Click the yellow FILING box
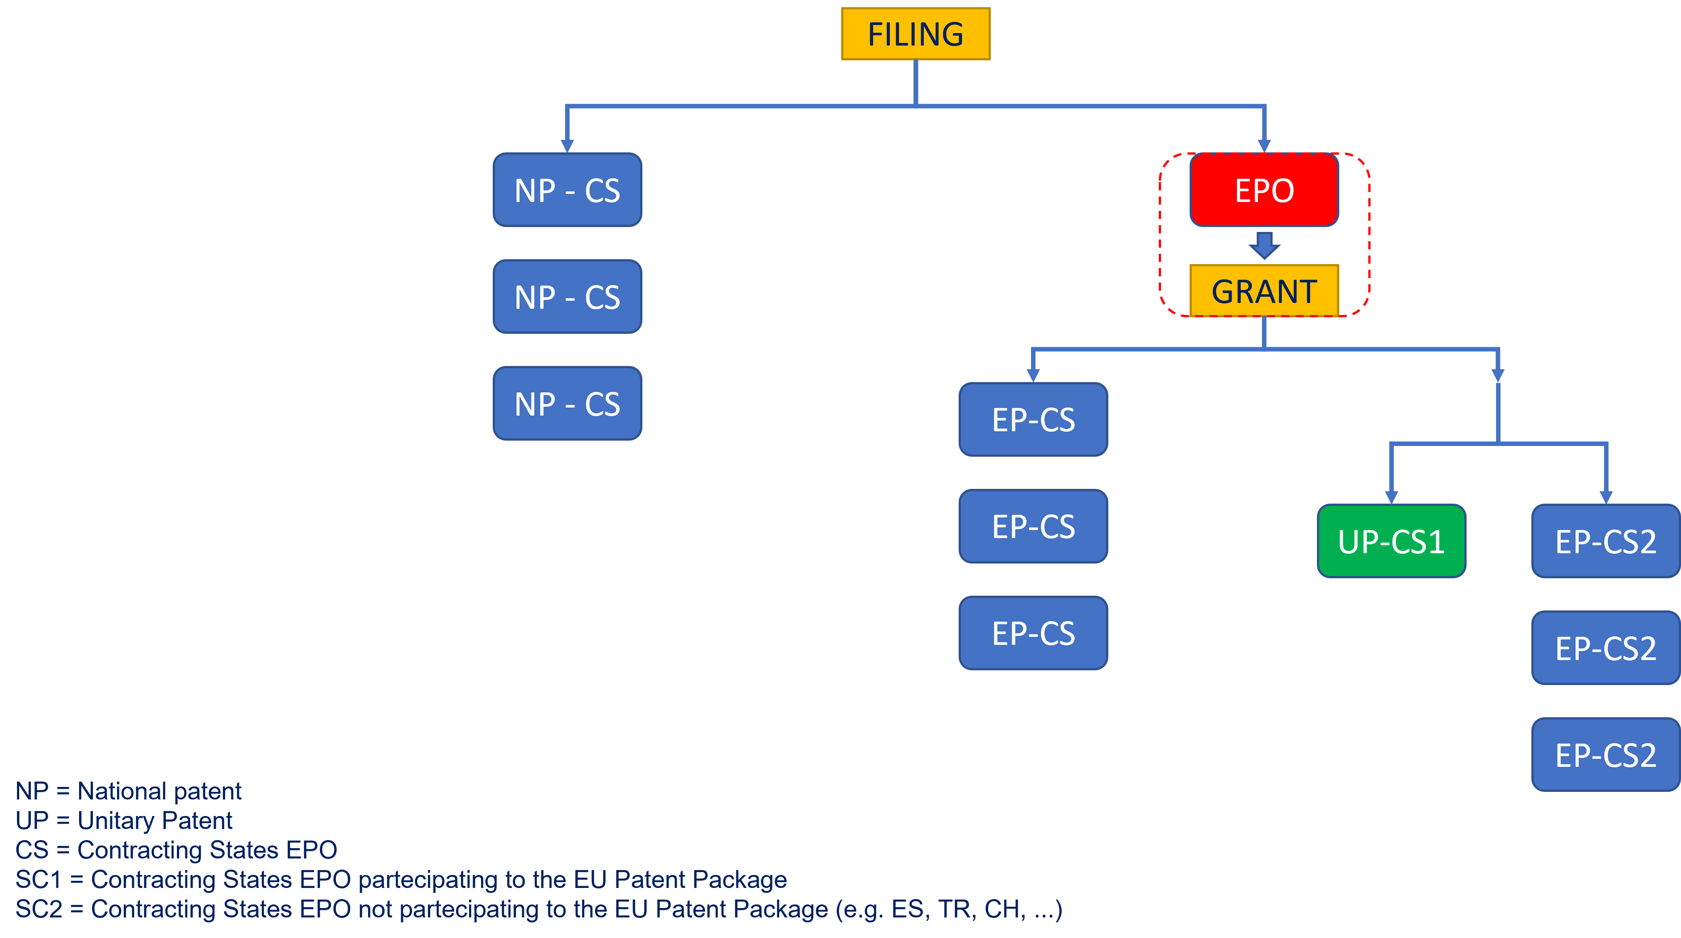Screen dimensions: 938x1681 click(x=915, y=34)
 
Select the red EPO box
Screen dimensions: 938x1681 click(x=1264, y=190)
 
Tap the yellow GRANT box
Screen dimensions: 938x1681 click(x=1264, y=291)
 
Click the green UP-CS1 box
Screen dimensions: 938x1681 click(x=1391, y=541)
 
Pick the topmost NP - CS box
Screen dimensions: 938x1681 click(x=567, y=190)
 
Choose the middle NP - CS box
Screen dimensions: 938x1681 click(x=567, y=297)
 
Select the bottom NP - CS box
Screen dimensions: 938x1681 click(x=567, y=404)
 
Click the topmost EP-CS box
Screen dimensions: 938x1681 click(x=1033, y=420)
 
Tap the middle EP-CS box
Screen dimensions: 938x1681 click(x=1033, y=526)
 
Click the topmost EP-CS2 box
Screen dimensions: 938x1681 click(x=1606, y=541)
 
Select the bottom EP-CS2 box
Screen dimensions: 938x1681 click(x=1606, y=755)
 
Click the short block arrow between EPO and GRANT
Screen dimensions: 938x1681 click(x=1264, y=245)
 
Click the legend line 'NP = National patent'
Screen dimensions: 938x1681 click(x=129, y=791)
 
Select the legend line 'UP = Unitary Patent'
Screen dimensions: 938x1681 click(x=124, y=820)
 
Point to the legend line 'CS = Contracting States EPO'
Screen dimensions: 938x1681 click(x=176, y=850)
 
